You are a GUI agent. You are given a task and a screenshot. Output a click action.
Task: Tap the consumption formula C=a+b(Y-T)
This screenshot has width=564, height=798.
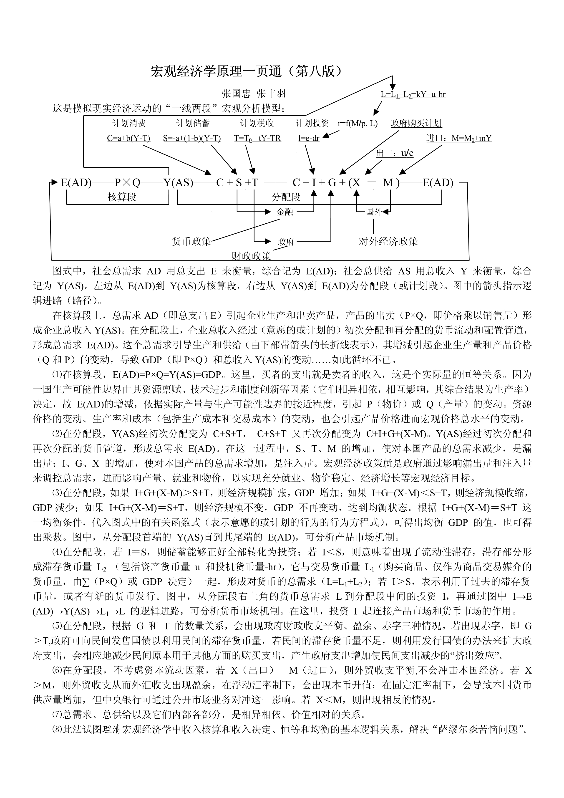(x=128, y=138)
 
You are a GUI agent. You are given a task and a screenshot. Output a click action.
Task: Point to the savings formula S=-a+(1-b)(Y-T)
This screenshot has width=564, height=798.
(x=192, y=138)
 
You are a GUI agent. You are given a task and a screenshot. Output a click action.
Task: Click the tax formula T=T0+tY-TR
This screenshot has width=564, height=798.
(x=257, y=138)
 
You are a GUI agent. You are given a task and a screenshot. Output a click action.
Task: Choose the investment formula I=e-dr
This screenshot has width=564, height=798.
(x=309, y=138)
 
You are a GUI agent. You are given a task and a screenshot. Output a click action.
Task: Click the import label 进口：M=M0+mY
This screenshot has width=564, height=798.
(x=459, y=138)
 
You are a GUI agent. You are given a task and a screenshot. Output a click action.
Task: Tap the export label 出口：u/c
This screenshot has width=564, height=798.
(x=395, y=153)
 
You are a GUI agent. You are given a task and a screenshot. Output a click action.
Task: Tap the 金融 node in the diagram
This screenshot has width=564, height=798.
(x=285, y=212)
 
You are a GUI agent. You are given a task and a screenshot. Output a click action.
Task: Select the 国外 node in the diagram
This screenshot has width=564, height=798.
(x=374, y=212)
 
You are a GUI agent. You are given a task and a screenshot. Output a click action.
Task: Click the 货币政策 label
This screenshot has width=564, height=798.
(x=191, y=241)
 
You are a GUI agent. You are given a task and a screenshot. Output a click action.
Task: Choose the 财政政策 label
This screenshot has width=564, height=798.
(x=251, y=256)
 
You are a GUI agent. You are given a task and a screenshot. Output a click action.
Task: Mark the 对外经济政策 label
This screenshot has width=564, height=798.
(x=388, y=241)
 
